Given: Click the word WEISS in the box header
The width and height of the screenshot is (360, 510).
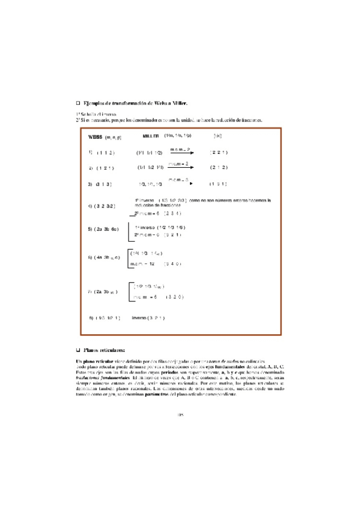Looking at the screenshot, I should (x=95, y=137).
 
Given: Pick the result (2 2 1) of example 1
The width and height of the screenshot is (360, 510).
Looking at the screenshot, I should (x=219, y=153).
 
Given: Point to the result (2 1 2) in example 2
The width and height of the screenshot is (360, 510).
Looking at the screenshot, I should (x=219, y=167).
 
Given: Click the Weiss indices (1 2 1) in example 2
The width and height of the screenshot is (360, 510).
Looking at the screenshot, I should (x=105, y=168).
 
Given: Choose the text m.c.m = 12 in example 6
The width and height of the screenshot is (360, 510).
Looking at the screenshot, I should (x=143, y=263).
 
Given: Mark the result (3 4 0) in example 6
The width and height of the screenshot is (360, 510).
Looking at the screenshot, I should (x=172, y=263).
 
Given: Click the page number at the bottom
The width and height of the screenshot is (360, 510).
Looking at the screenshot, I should (x=180, y=398).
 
